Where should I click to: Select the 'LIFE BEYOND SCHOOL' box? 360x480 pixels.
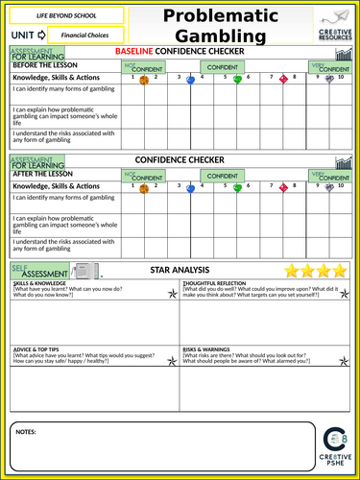click(66, 15)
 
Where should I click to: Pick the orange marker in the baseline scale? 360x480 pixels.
click(144, 81)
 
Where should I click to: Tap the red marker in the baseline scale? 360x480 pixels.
click(283, 81)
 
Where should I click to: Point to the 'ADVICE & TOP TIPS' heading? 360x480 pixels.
click(38, 348)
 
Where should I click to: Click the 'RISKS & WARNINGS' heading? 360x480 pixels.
click(208, 348)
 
